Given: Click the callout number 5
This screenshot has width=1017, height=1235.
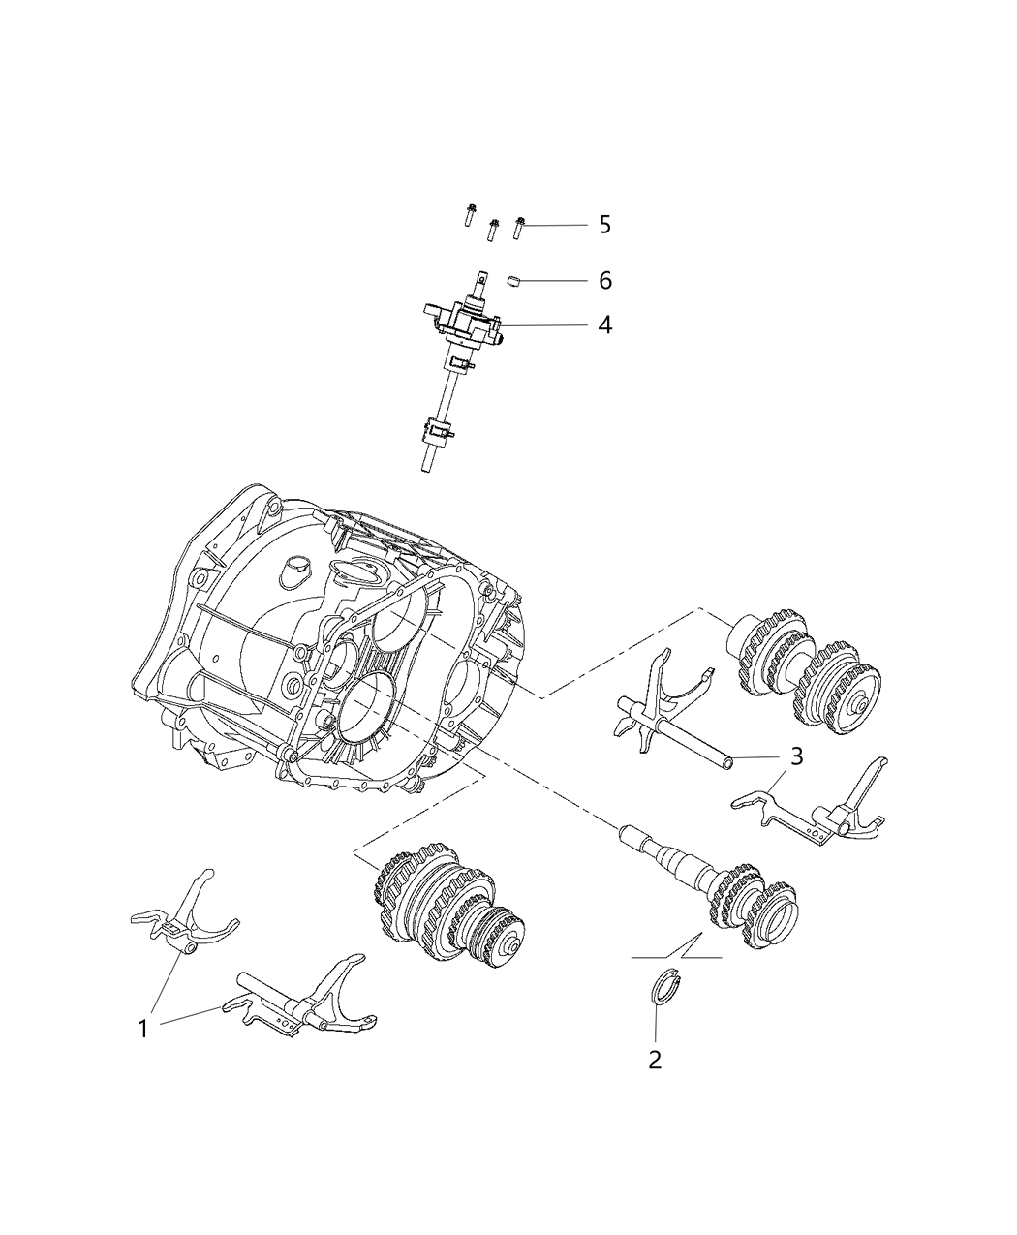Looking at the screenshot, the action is pos(604,225).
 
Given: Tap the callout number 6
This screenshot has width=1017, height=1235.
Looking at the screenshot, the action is pos(604,280).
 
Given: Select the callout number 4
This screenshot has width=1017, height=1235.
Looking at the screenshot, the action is pos(604,324).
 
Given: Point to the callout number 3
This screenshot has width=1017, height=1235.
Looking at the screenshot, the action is pos(796,756).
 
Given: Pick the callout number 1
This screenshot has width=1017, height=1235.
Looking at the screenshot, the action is pos(142,1029).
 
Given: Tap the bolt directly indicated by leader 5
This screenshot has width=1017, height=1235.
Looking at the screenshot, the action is pos(519,228).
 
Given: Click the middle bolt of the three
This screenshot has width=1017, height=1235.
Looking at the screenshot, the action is pos(493,230).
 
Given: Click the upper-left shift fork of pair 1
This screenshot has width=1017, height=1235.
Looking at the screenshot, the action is pos(183,923).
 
